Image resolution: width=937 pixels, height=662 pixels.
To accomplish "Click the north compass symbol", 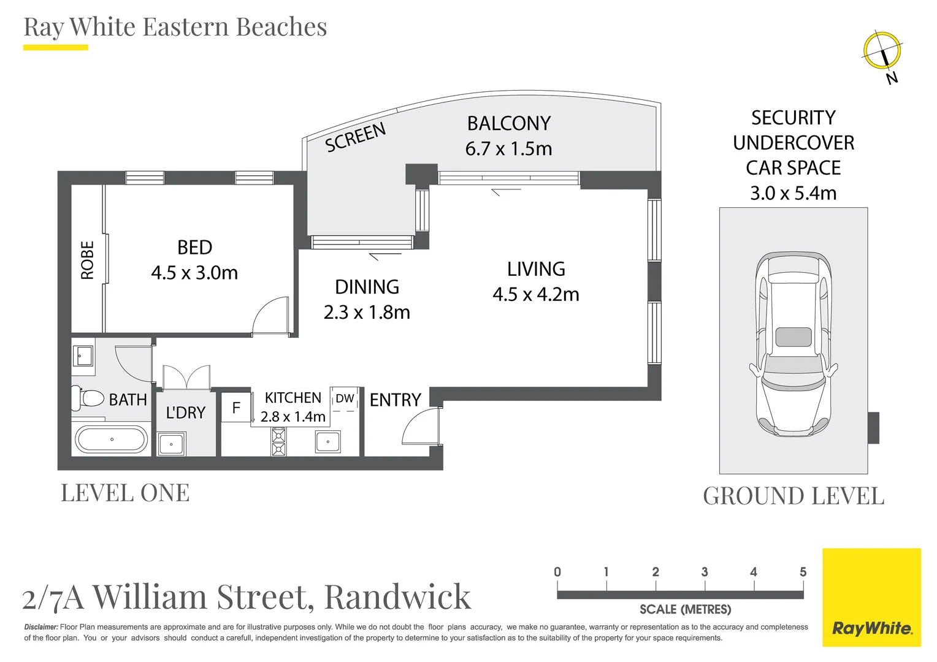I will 882,51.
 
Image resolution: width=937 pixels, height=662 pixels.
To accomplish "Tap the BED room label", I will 194,248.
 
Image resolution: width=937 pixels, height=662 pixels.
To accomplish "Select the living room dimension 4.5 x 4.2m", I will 535,295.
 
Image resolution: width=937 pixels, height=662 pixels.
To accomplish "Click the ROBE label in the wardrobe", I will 88,260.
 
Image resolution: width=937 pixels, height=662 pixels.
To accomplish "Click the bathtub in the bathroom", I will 111,439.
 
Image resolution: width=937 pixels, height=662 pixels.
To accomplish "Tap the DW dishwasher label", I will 345,398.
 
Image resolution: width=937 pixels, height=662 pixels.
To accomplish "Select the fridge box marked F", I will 236,408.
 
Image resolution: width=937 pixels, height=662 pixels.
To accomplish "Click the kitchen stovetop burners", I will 278,442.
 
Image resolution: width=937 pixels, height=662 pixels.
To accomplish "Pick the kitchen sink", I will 328,441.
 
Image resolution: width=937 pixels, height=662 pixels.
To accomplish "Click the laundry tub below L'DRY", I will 172,443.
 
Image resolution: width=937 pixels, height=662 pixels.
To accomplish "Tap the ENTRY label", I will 395,400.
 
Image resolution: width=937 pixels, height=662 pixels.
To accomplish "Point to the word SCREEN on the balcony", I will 355,137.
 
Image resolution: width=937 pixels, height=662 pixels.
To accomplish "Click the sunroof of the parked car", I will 794,337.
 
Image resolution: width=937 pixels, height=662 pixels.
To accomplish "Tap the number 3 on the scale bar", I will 705,572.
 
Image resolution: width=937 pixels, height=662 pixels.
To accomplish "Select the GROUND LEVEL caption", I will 794,496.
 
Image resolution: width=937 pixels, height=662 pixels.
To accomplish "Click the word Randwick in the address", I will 397,597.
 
